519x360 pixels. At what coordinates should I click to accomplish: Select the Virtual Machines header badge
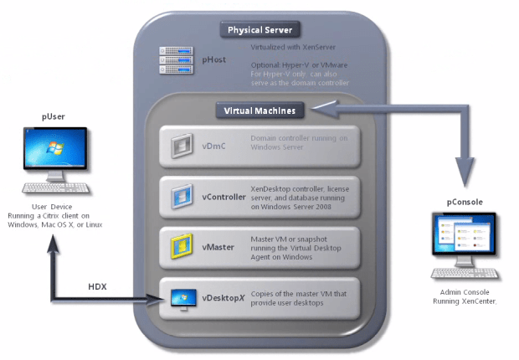point(260,111)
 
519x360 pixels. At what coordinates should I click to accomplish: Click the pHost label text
point(213,60)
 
